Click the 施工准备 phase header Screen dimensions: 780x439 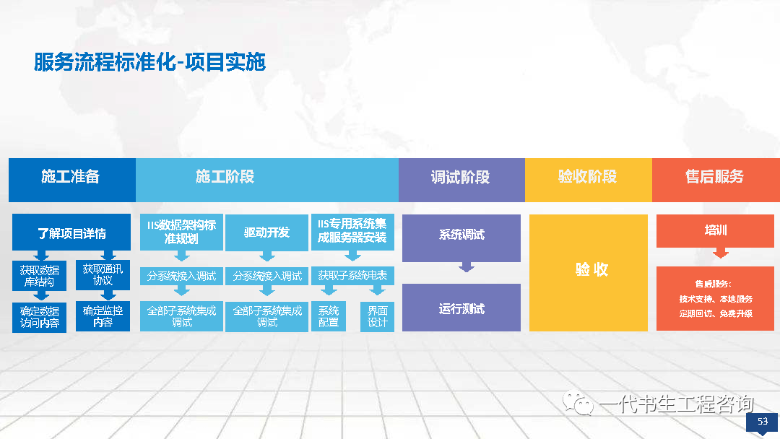click(72, 180)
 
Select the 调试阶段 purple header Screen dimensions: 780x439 click(461, 180)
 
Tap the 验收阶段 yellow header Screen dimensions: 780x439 click(589, 180)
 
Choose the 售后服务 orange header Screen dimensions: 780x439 click(716, 180)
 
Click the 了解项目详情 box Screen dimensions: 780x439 click(71, 232)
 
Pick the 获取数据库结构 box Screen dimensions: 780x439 click(39, 275)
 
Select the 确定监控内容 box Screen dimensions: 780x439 click(103, 316)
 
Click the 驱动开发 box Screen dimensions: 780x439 click(266, 232)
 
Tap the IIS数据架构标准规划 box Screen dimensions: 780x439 click(181, 232)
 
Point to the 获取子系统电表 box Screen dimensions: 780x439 click(352, 276)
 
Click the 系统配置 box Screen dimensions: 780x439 click(329, 316)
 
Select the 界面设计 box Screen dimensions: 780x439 click(377, 316)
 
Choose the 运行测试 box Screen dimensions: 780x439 click(461, 308)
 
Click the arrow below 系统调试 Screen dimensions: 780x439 click(466, 267)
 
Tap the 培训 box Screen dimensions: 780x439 click(715, 230)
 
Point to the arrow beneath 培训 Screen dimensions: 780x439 click(720, 253)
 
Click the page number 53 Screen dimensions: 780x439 click(763, 421)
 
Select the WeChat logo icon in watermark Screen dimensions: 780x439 click(578, 403)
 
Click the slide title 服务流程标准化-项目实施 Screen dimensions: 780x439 click(149, 62)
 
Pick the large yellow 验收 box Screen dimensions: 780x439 click(589, 272)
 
